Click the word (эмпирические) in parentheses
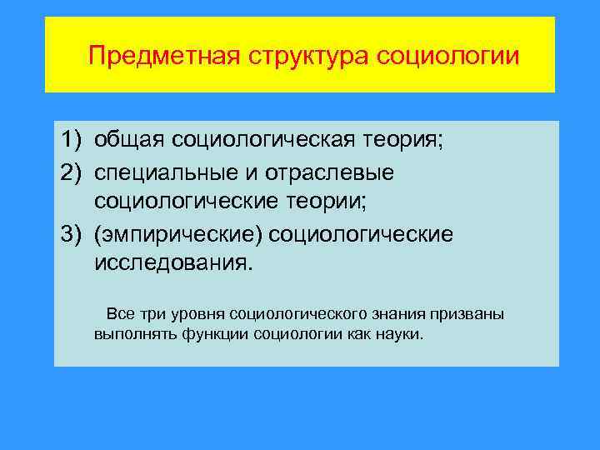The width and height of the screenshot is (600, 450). coord(178,233)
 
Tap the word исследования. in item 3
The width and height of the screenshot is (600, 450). coord(172,264)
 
